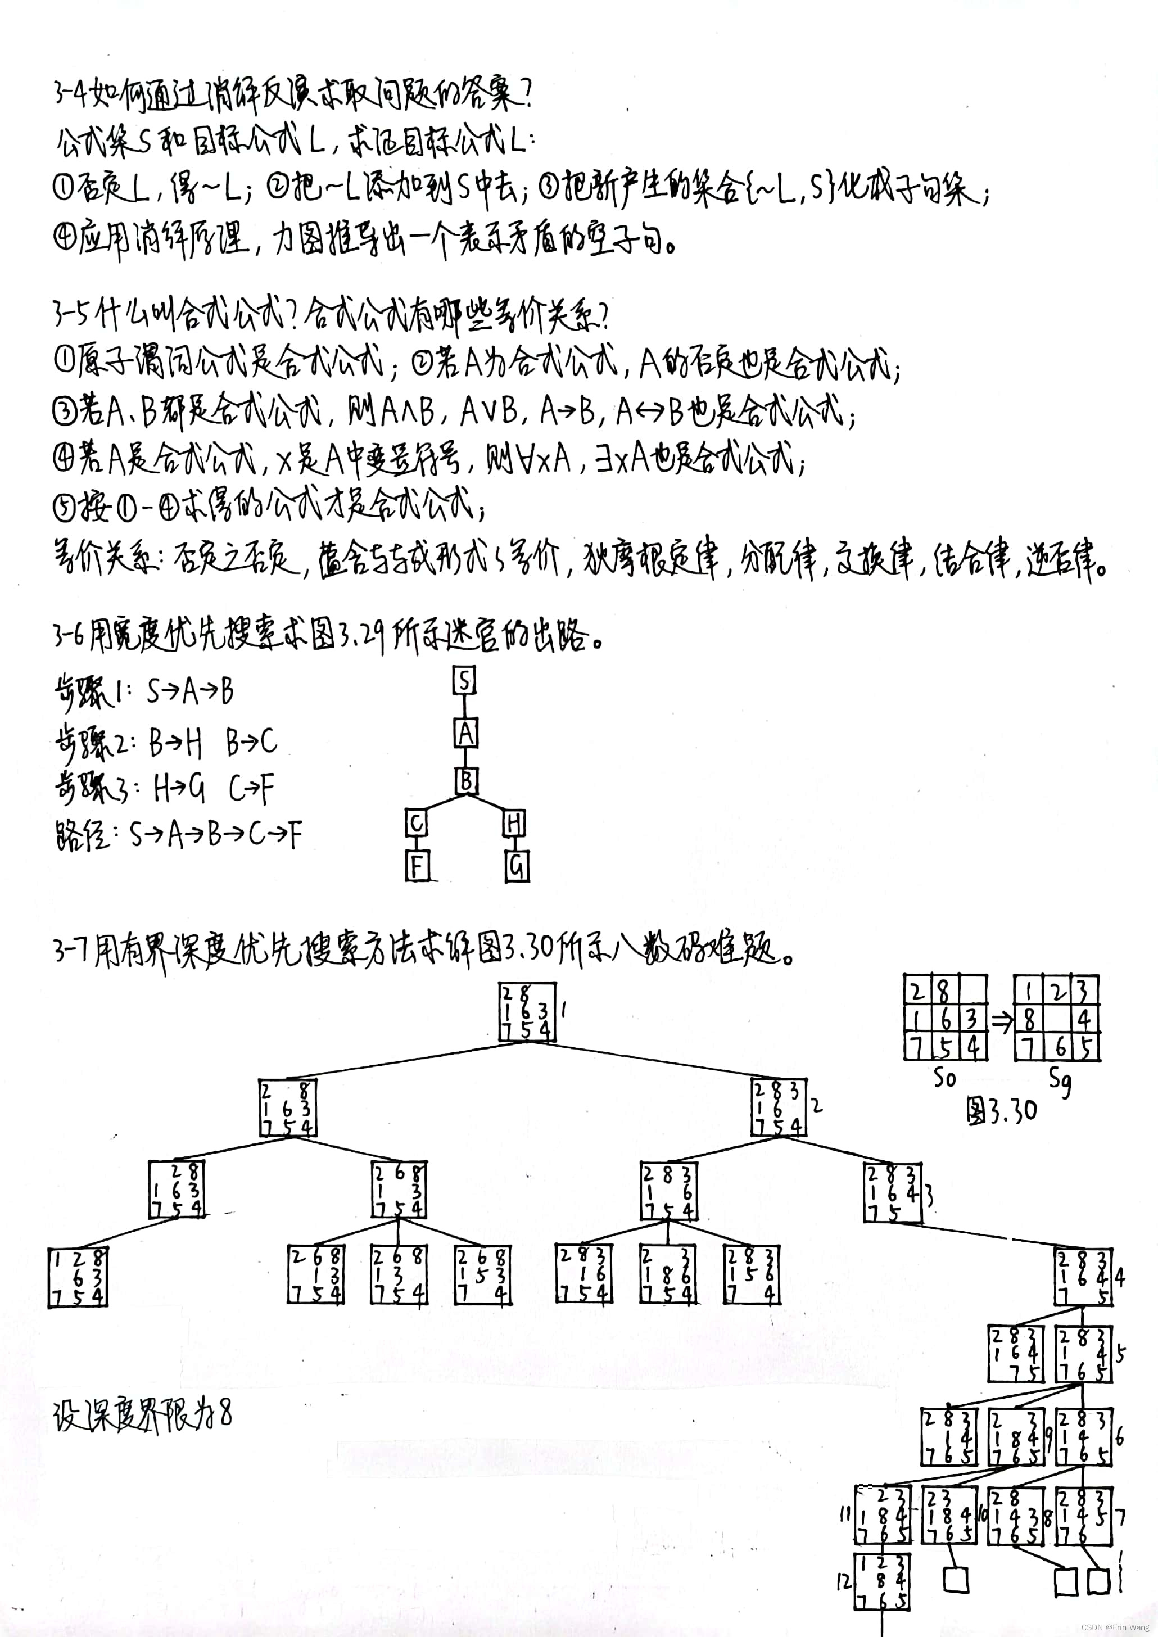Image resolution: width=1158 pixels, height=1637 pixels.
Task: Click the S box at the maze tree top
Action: coord(464,681)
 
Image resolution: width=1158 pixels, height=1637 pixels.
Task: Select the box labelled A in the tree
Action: coord(465,732)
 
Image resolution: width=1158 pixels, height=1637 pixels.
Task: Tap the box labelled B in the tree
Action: coord(467,781)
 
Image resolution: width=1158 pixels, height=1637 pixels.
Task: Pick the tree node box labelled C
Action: coord(416,824)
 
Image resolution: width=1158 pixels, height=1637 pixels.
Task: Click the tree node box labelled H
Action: coord(513,824)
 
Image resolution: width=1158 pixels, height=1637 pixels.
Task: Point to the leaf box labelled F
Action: coord(417,866)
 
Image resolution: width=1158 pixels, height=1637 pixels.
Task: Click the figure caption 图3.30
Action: coord(1001,1110)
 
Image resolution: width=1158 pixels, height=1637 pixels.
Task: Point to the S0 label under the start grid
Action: coord(945,1077)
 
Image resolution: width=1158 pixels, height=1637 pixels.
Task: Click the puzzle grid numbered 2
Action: coord(779,1107)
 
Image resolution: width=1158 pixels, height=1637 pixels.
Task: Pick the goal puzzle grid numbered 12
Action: coord(882,1581)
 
